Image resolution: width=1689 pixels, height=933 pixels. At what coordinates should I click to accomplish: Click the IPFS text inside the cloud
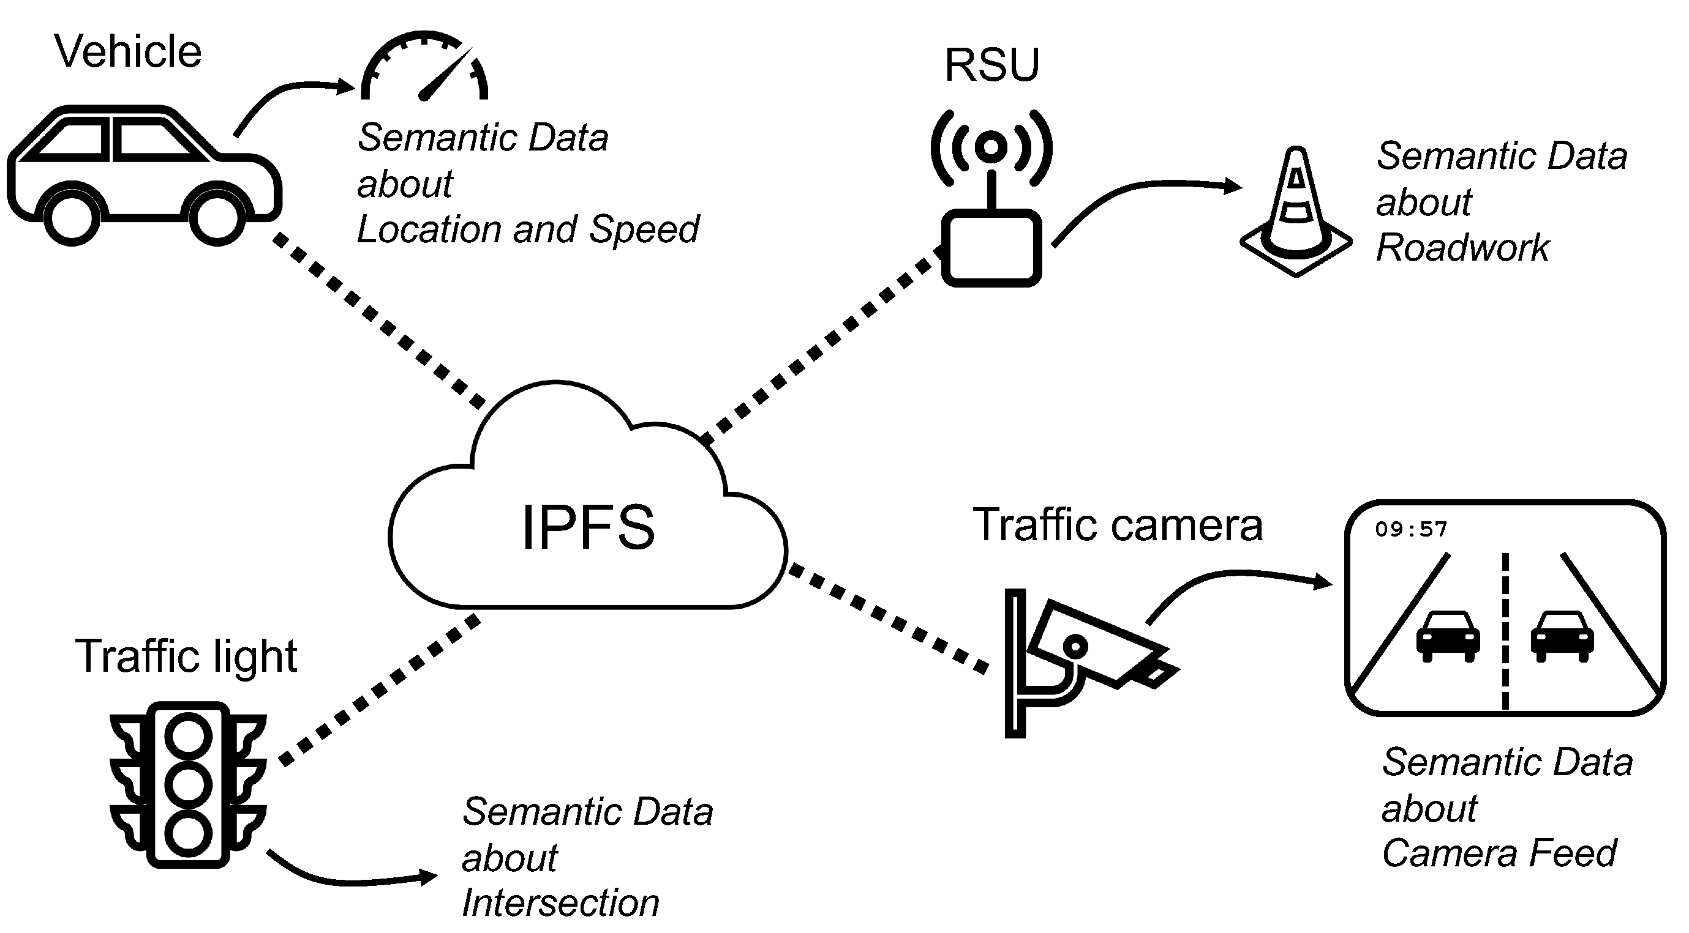click(587, 527)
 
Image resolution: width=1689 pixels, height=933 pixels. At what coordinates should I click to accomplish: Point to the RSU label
click(991, 65)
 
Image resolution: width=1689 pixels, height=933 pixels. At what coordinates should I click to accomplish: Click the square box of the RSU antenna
click(991, 248)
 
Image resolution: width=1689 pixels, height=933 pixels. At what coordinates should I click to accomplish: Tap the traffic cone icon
click(1296, 213)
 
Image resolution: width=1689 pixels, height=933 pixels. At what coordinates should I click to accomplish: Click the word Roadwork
click(1462, 248)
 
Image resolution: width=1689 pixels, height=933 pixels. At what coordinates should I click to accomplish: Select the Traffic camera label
click(1117, 525)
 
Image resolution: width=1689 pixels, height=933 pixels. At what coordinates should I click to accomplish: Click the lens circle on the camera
click(1075, 647)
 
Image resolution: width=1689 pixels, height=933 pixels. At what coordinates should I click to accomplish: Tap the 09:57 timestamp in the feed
click(1411, 529)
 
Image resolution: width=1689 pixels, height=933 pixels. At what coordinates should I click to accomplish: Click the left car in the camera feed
click(1448, 636)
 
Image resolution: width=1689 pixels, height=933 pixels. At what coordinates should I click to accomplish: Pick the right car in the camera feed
click(1562, 636)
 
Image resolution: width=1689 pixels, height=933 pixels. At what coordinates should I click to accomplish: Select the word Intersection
click(560, 903)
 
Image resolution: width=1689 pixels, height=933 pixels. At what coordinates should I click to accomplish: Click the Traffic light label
click(186, 656)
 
